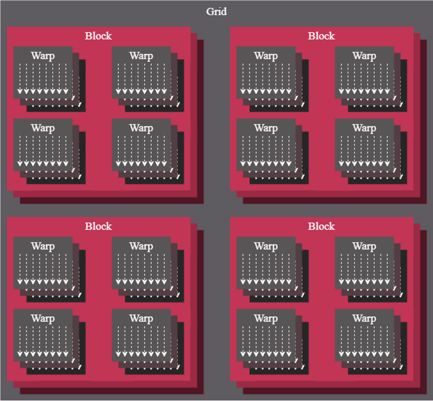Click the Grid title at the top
(216, 12)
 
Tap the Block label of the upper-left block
(98, 36)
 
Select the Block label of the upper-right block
(321, 36)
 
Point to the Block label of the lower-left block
(98, 227)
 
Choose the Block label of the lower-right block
(321, 227)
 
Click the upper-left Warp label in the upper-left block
(43, 56)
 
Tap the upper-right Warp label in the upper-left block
(141, 56)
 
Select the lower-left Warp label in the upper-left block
(43, 128)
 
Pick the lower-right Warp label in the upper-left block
(141, 128)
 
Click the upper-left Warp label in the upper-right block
(266, 56)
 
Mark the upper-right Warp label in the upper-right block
(364, 56)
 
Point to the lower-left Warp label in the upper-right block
(266, 128)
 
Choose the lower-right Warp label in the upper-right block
(364, 128)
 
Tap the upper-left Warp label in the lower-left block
(43, 246)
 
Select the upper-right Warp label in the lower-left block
(141, 246)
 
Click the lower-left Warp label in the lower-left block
(43, 319)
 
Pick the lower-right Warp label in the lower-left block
(141, 319)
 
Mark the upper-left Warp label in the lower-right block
(266, 246)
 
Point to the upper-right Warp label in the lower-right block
(364, 246)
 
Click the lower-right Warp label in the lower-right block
(364, 319)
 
